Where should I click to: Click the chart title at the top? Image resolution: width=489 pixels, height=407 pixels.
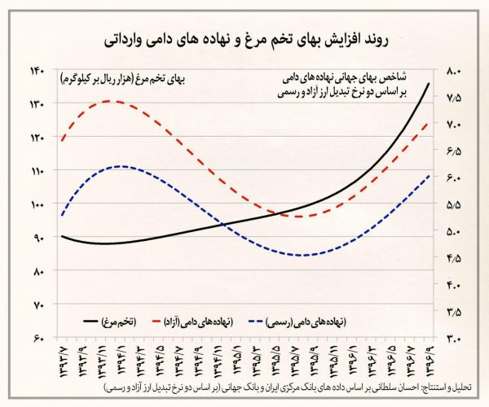point(244,37)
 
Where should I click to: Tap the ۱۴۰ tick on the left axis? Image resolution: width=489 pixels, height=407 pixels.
point(35,71)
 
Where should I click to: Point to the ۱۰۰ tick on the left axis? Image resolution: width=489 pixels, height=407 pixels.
point(35,204)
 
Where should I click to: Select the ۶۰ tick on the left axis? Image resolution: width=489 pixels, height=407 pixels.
point(37,338)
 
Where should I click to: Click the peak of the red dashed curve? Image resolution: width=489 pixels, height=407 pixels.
point(114,101)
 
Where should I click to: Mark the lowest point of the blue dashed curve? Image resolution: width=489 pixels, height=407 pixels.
point(301,255)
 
